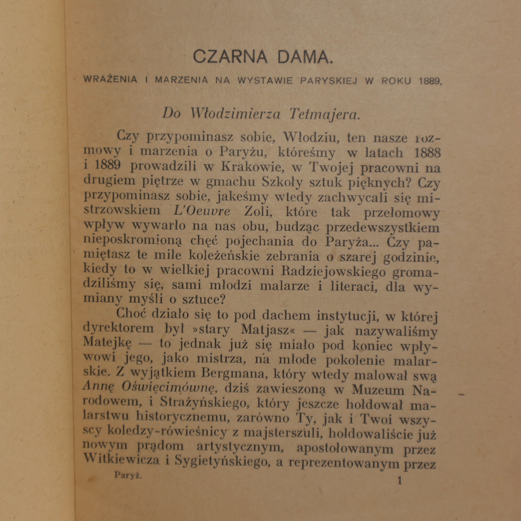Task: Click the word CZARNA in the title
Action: pos(230,56)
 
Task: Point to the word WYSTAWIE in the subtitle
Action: pos(266,80)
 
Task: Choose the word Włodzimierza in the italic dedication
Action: pos(235,114)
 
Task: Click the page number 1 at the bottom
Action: pos(400,481)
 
